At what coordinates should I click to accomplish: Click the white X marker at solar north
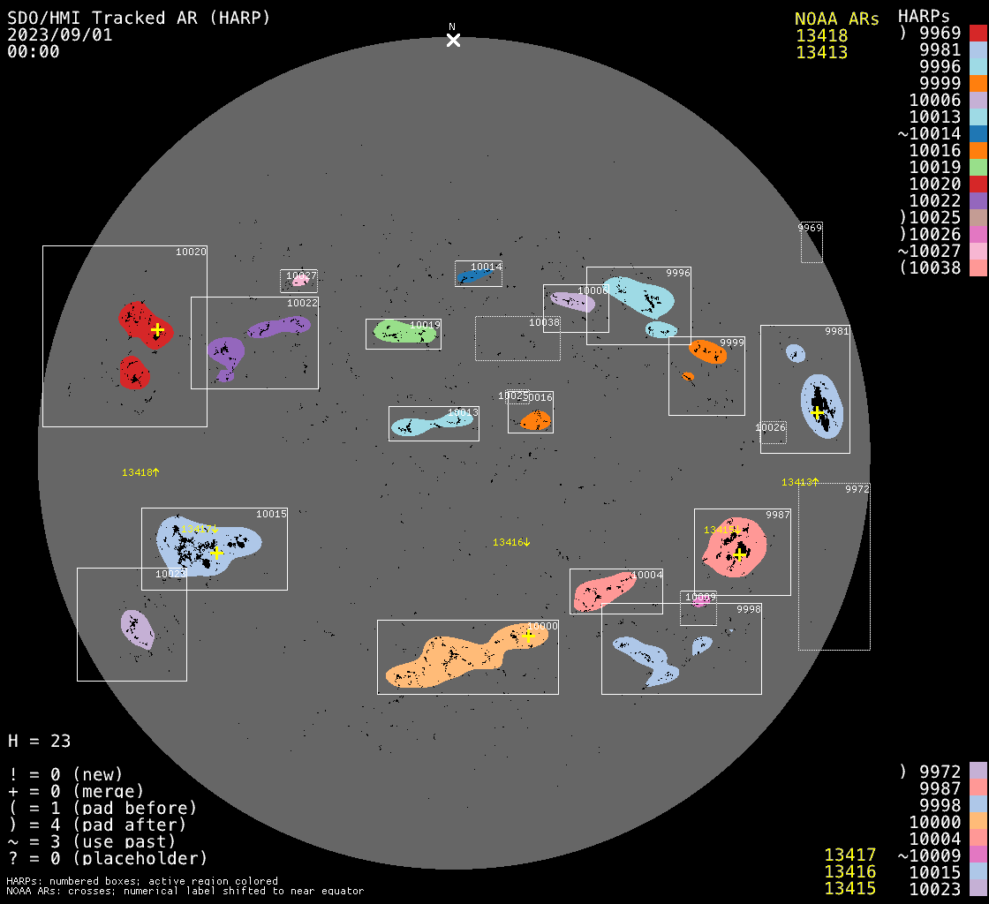pos(453,40)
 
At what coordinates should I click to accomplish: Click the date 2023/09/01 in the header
pos(60,34)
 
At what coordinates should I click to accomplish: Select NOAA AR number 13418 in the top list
pos(821,36)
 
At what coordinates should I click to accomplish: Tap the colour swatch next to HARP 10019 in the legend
pos(978,167)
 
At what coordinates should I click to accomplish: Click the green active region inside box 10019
pos(404,332)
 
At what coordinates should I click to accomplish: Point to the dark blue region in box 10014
pos(472,277)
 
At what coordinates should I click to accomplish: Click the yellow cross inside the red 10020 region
pos(157,330)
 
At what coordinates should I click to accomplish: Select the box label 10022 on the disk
pos(302,304)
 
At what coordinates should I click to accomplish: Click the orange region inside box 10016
pos(534,421)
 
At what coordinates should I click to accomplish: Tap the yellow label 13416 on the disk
pos(511,542)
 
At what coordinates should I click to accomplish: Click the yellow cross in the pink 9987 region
pos(740,554)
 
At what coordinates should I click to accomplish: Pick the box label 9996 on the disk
pos(678,274)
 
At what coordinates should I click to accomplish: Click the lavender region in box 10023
pos(137,629)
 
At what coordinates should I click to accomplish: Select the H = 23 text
pos(39,741)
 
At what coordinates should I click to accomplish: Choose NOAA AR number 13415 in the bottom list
pos(849,888)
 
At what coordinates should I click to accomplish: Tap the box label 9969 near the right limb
pos(810,228)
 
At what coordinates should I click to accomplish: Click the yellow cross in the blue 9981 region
pos(817,412)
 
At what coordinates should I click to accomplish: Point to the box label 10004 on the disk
pos(647,576)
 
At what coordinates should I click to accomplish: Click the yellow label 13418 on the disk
pos(140,473)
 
